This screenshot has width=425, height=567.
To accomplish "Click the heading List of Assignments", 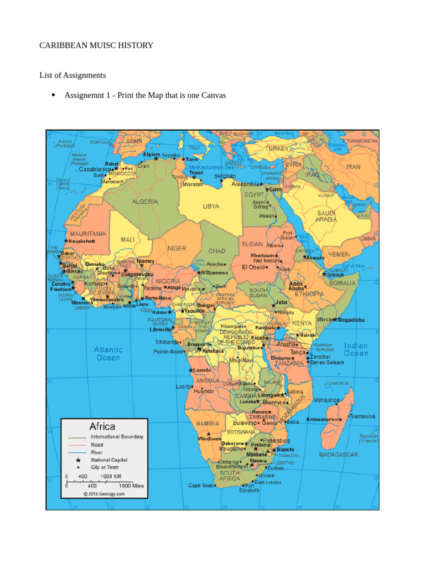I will pyautogui.click(x=72, y=75).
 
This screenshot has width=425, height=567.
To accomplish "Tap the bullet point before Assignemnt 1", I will pyautogui.click(x=54, y=95).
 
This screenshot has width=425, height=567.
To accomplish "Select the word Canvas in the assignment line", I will pyautogui.click(x=213, y=95).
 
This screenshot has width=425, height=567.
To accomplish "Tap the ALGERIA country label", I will pyautogui.click(x=144, y=202).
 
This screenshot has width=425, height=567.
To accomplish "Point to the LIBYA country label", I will pyautogui.click(x=211, y=206).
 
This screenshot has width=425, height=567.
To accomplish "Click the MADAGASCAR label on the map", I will pyautogui.click(x=339, y=455).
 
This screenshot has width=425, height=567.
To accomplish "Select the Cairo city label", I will pyautogui.click(x=276, y=189).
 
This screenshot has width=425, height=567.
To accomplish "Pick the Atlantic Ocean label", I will pyautogui.click(x=108, y=353).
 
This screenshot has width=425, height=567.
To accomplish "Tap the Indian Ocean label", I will pyautogui.click(x=356, y=349).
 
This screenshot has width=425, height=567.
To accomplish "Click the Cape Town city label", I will pyautogui.click(x=201, y=486).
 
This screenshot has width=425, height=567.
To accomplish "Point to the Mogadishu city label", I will pyautogui.click(x=351, y=320).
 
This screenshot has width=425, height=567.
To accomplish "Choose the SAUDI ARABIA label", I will pyautogui.click(x=326, y=216).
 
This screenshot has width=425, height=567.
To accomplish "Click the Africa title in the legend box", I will pyautogui.click(x=102, y=426).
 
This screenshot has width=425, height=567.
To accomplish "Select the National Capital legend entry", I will pyautogui.click(x=108, y=460).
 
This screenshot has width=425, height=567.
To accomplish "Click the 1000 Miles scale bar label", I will pyautogui.click(x=131, y=486).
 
